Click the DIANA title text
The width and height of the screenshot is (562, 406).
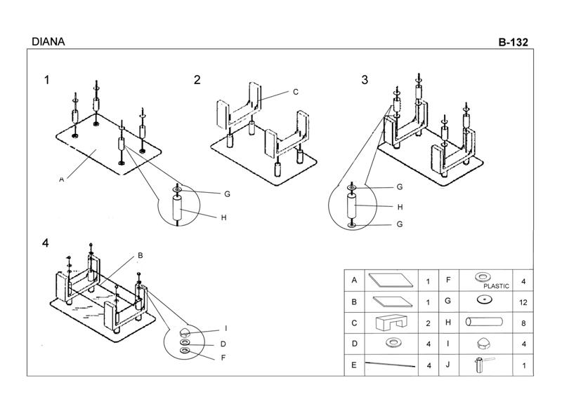tap(48, 41)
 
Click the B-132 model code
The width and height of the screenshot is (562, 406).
tap(513, 41)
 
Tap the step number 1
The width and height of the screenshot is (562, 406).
tap(47, 80)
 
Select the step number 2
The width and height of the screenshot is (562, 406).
tap(197, 80)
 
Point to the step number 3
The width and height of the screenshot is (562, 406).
tap(365, 80)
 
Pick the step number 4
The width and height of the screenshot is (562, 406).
tap(46, 243)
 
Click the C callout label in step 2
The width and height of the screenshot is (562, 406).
tap(296, 92)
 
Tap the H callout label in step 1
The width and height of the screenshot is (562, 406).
tap(223, 217)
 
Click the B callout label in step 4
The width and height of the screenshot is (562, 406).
tap(140, 255)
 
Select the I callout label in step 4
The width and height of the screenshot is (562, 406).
tap(226, 328)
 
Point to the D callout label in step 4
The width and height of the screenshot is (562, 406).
tap(223, 344)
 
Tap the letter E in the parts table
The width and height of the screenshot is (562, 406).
tap(355, 365)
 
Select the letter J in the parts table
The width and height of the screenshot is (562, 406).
tap(447, 365)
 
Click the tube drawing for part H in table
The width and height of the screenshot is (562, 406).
tap(485, 323)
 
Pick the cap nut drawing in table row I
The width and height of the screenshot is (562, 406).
tap(484, 344)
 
